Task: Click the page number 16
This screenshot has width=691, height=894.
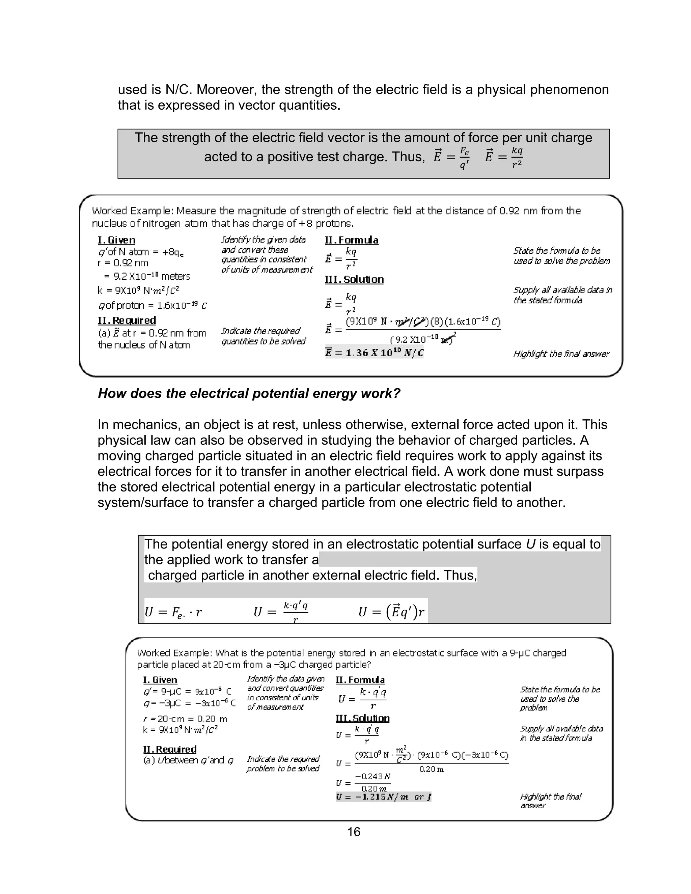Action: click(x=354, y=832)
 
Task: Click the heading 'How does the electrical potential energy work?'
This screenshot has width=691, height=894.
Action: click(x=249, y=393)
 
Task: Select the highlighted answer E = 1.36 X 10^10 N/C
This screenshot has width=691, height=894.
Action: click(x=374, y=353)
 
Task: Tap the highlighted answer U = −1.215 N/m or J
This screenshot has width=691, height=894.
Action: click(x=384, y=797)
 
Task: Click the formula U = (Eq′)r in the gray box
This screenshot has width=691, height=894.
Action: click(x=391, y=612)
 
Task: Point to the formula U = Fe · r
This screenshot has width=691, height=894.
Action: click(x=173, y=612)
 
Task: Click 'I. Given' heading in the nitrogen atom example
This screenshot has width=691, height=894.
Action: click(x=117, y=240)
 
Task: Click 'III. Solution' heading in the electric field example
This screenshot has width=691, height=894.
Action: click(x=354, y=280)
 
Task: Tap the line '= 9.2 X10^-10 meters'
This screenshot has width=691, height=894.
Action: click(x=147, y=276)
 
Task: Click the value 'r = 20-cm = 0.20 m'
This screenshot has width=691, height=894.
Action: click(x=185, y=719)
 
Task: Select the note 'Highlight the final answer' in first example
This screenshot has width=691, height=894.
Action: click(x=561, y=354)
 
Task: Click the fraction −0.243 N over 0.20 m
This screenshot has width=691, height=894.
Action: click(x=372, y=782)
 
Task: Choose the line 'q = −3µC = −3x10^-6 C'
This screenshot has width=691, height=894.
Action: click(x=189, y=703)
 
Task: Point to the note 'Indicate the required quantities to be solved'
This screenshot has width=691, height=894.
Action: click(x=263, y=336)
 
